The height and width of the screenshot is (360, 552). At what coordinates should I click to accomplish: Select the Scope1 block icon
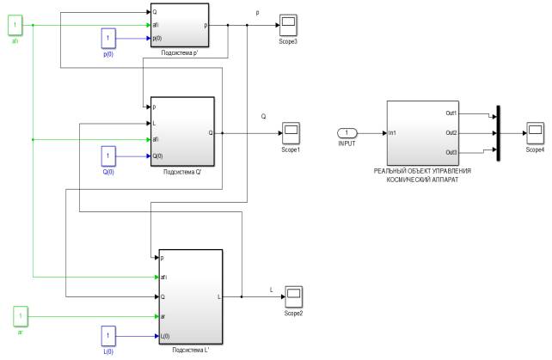(291, 132)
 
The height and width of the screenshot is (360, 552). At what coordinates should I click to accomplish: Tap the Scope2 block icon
(293, 296)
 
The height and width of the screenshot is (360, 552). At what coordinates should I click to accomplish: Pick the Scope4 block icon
(535, 132)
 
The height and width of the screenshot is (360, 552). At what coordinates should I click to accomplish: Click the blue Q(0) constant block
(108, 156)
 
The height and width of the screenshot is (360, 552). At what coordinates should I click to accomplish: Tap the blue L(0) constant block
(108, 334)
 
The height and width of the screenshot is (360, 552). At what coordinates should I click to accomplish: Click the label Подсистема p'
(180, 52)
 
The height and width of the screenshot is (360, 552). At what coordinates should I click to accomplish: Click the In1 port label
(393, 132)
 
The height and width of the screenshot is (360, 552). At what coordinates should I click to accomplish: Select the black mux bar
(499, 132)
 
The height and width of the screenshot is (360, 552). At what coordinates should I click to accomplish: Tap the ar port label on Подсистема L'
(163, 316)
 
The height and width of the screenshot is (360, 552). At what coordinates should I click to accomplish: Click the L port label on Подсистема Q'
(154, 124)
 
